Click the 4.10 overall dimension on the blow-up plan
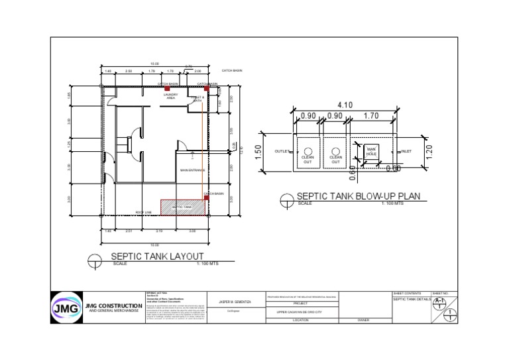344,105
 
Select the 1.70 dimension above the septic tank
371,116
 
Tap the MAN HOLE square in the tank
371,152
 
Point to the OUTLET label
282,152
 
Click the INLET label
406,152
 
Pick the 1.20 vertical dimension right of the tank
428,152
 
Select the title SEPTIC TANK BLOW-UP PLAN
358,196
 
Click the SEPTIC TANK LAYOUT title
157,256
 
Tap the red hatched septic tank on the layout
184,208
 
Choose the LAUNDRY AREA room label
170,97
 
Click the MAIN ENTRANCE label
193,170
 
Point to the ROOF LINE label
144,212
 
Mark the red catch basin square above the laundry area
168,88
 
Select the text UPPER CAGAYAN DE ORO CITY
300,311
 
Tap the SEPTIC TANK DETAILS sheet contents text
412,300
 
